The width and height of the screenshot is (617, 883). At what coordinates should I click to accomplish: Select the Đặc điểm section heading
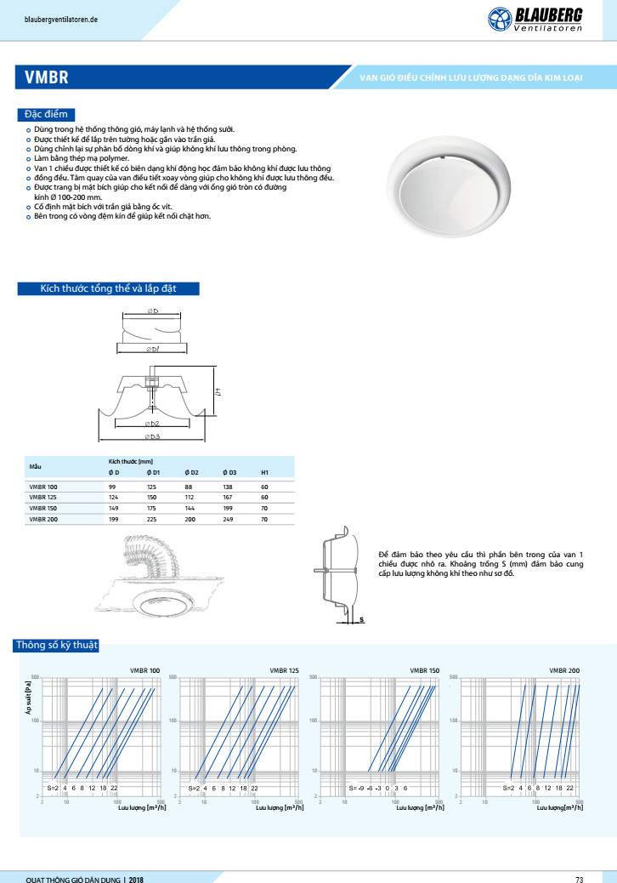47,115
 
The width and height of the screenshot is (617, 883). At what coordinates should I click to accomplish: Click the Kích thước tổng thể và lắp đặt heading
109,289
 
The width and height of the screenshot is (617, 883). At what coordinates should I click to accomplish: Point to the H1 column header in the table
264,472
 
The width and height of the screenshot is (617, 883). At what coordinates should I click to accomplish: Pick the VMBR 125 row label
44,497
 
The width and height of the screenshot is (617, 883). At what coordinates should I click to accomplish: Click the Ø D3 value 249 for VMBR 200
229,519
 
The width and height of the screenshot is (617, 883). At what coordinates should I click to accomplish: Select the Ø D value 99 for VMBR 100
113,487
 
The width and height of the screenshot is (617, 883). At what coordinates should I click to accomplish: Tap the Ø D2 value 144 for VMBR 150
190,508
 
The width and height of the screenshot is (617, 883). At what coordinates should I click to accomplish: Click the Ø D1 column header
153,472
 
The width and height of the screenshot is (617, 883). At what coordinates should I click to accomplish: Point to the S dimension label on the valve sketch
361,620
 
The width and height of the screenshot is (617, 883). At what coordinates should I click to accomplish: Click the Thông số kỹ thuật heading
57,646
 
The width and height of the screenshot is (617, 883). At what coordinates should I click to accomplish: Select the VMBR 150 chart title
425,671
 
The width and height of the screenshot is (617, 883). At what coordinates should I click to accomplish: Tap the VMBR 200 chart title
564,671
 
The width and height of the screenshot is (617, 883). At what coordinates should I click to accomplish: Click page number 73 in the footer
579,878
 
